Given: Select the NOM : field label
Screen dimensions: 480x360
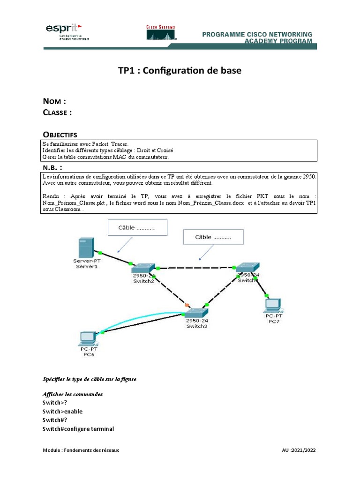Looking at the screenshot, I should pyautogui.click(x=54, y=101).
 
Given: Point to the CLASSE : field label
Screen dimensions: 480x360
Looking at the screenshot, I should pyautogui.click(x=57, y=112).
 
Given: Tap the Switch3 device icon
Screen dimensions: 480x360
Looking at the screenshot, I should pyautogui.click(x=196, y=313).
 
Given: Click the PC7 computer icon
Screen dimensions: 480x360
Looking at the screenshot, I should pyautogui.click(x=272, y=305).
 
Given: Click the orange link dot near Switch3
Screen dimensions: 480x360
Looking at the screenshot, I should pyautogui.click(x=187, y=305).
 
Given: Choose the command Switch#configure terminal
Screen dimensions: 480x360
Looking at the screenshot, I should pyautogui.click(x=78, y=429).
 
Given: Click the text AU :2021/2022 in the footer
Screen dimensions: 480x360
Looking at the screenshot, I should pyautogui.click(x=299, y=450).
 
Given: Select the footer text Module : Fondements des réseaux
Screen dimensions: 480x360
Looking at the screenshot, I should pyautogui.click(x=81, y=450).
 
